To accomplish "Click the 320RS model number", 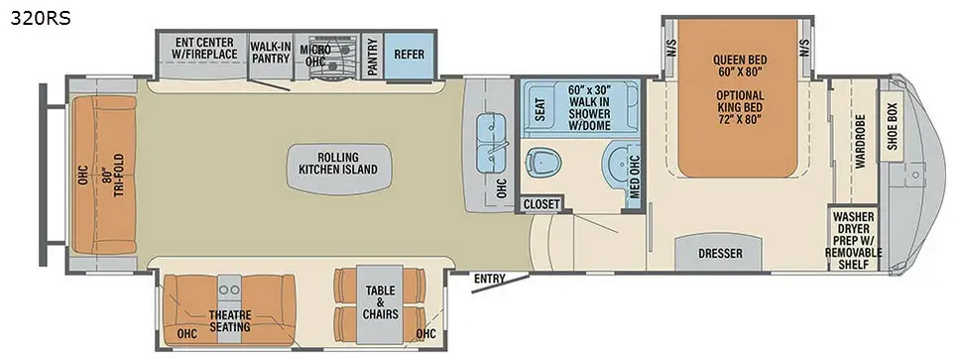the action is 40,19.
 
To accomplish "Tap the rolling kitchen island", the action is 338,170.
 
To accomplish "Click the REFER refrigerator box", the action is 410,55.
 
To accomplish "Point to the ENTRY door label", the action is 489,279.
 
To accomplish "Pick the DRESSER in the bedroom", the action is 720,254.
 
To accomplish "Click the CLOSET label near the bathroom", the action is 542,203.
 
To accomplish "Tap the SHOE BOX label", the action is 893,126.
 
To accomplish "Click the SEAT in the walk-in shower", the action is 540,109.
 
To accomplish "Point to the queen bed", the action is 739,98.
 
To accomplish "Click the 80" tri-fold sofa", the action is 104,175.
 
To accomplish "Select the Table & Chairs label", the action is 380,302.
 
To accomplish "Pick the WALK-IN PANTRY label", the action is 270,52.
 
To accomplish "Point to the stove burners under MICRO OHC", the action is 333,60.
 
